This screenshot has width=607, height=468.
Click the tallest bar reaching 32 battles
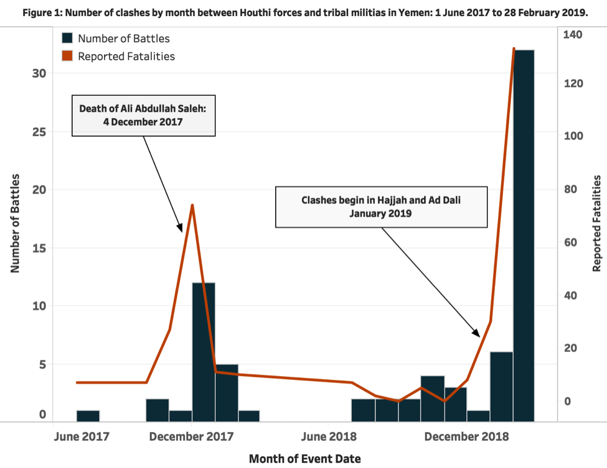524,236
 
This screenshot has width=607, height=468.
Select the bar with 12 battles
204,352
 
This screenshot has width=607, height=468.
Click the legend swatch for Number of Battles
67,39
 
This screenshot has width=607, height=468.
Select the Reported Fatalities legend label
126,56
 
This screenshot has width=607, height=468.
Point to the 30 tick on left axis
39,73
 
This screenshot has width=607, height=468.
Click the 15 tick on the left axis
39,248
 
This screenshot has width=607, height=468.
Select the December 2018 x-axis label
466,436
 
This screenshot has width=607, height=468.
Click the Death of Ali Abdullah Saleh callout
144,115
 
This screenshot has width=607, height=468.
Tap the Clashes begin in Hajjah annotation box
381,207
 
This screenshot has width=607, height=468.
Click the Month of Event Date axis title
304,459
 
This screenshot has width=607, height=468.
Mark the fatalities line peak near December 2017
192,205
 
